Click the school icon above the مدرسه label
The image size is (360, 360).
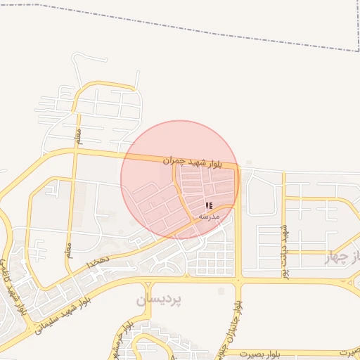[x=209, y=205]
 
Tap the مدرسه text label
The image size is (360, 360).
[x=210, y=216]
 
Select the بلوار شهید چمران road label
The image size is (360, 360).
[x=192, y=162]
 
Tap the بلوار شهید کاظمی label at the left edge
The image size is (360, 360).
[x=10, y=282]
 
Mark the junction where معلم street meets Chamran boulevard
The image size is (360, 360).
[x=75, y=149]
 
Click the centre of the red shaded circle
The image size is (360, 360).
[x=180, y=179]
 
